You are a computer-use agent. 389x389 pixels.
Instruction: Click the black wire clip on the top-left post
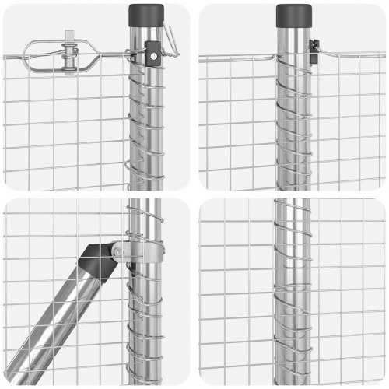(153, 55)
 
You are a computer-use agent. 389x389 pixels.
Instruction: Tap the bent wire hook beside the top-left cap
(170, 40)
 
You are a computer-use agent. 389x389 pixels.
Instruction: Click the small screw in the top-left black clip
(154, 55)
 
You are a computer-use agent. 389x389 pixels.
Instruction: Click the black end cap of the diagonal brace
(99, 261)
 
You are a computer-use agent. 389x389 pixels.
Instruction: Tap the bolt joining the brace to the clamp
(117, 251)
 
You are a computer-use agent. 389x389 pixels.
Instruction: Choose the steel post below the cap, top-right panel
(293, 117)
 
